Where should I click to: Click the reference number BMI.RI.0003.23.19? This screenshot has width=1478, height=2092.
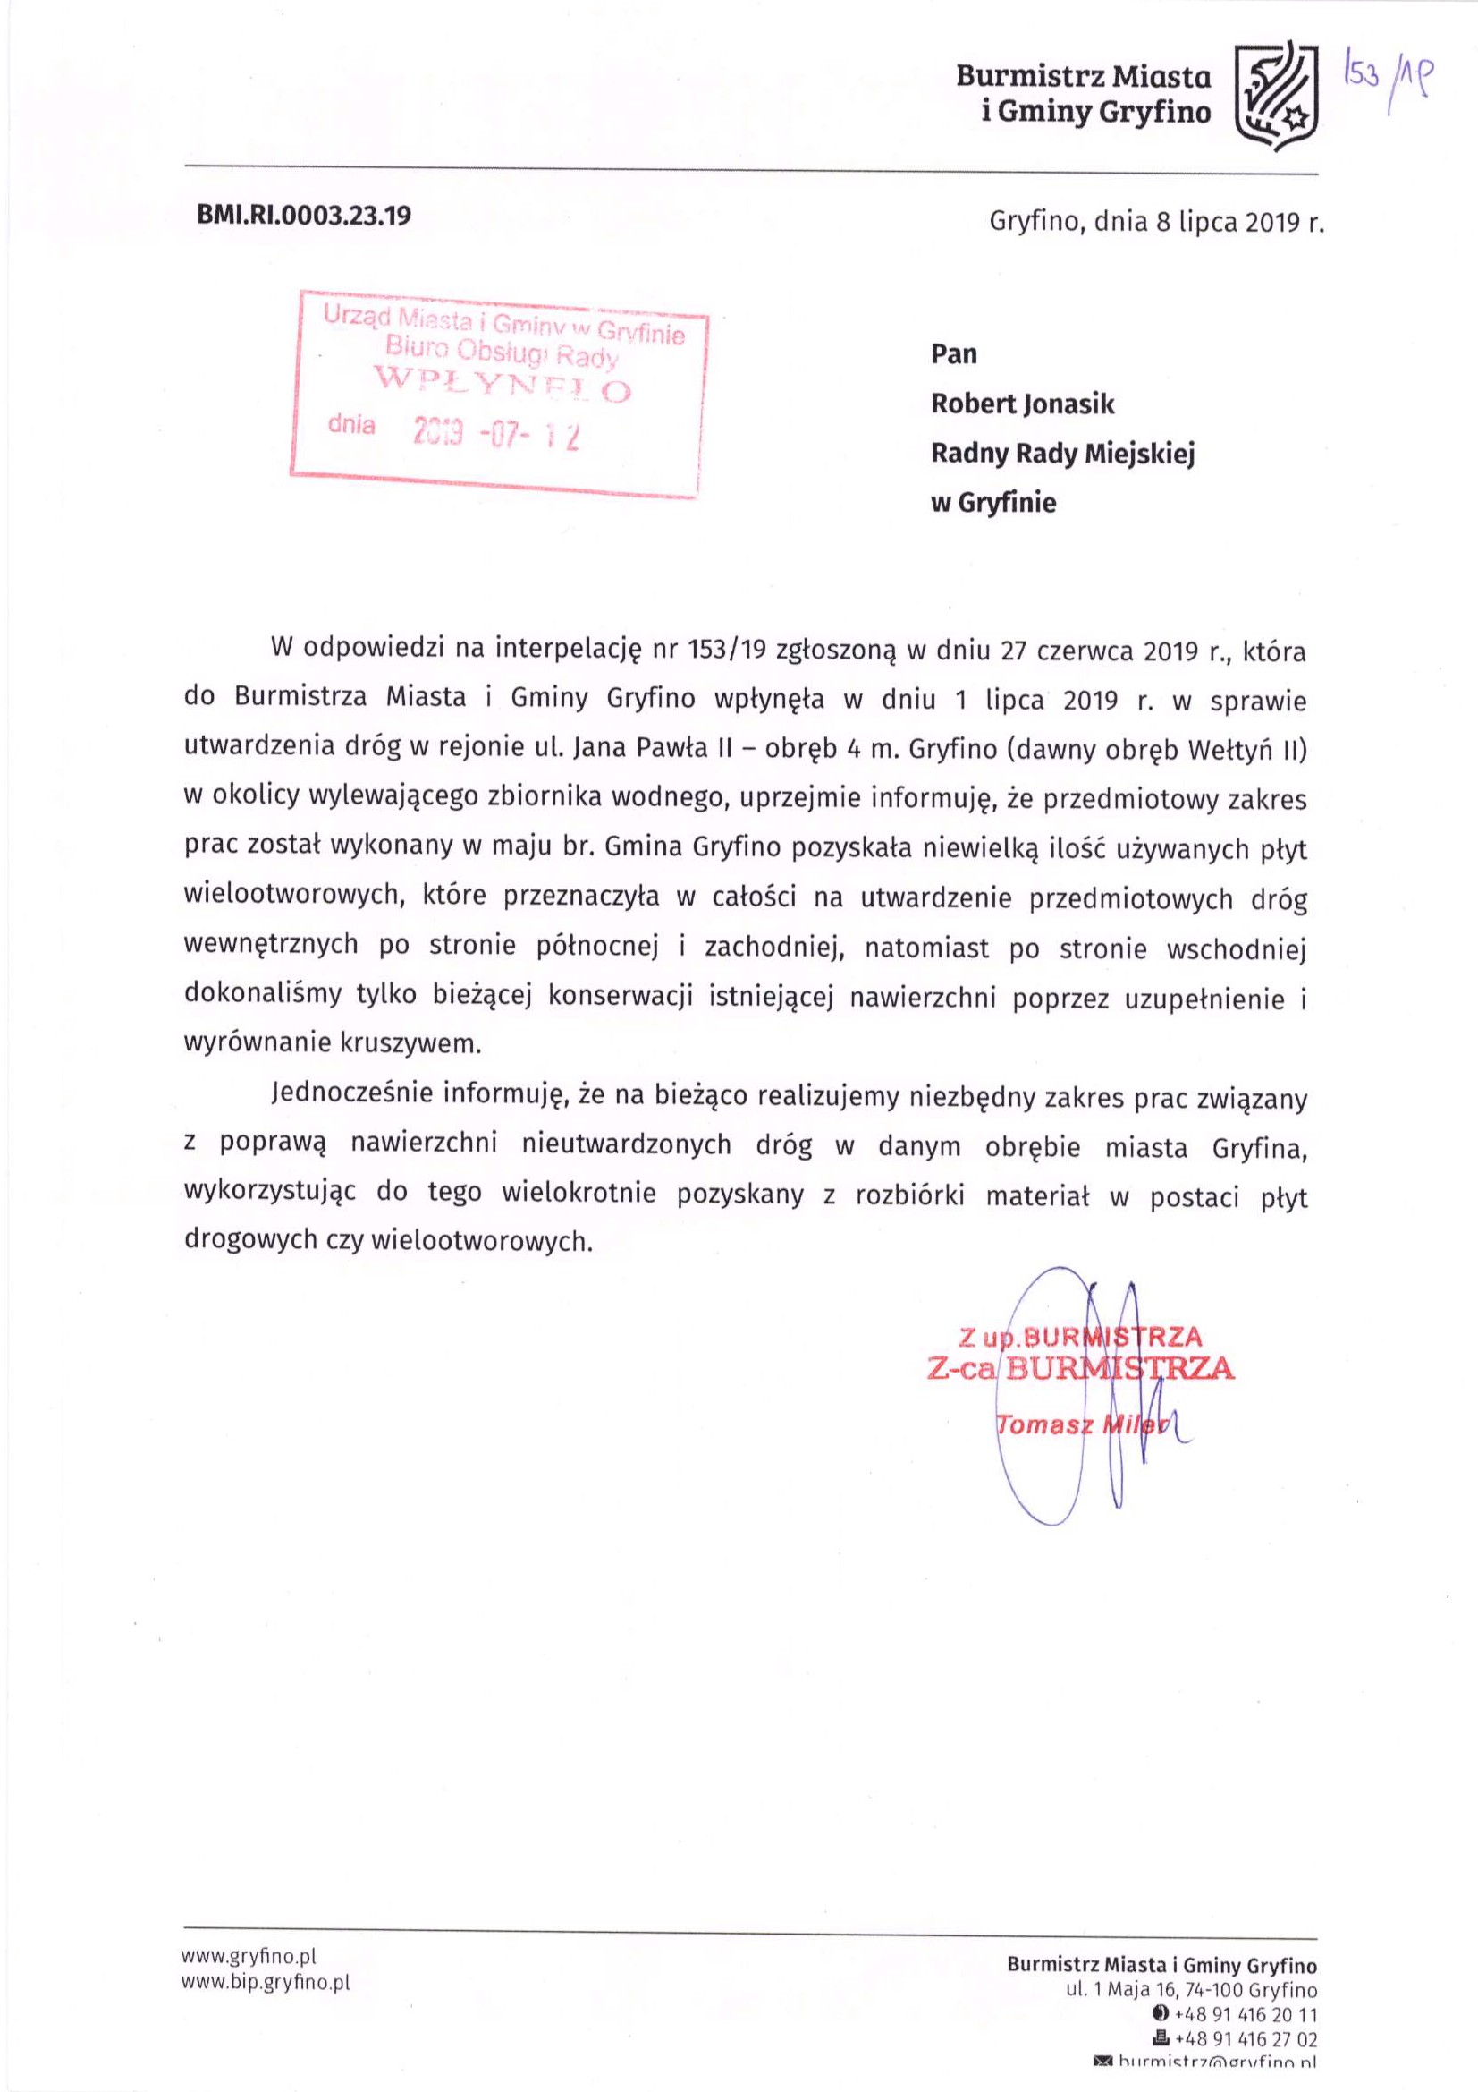click(x=304, y=215)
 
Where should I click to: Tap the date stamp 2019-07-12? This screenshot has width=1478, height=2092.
click(x=495, y=436)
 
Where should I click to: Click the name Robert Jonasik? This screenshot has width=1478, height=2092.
click(x=1022, y=404)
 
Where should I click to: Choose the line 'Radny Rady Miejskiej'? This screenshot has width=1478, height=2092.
click(x=1062, y=453)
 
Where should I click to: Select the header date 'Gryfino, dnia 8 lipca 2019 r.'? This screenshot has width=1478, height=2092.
click(x=1155, y=222)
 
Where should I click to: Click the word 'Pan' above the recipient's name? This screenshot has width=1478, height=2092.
click(x=952, y=353)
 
